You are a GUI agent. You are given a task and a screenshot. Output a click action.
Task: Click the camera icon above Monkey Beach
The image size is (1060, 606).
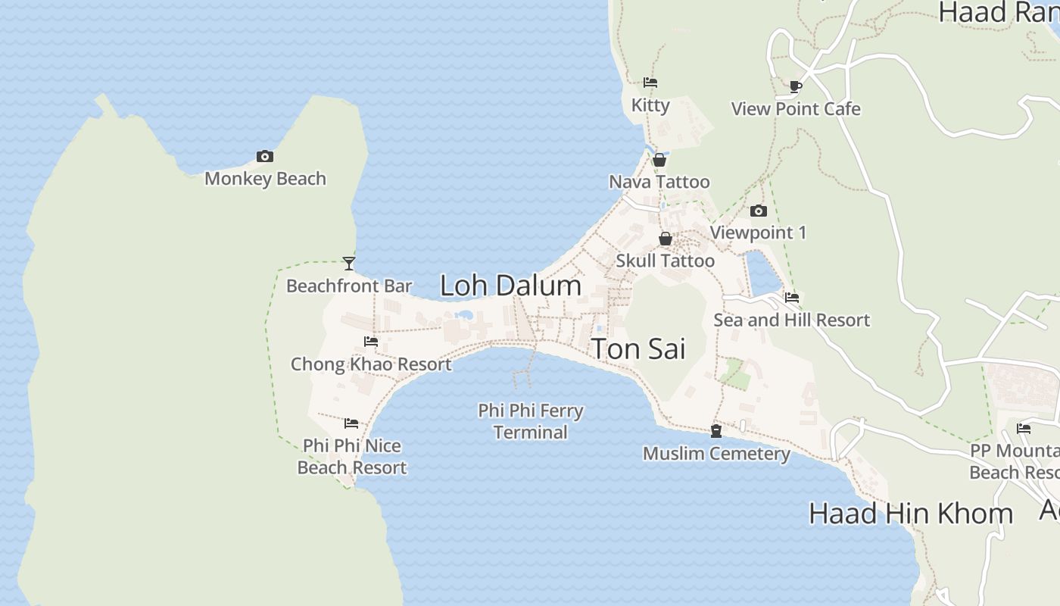pos(265,157)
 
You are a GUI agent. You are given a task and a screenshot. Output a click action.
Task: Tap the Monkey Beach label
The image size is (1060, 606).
pos(265,179)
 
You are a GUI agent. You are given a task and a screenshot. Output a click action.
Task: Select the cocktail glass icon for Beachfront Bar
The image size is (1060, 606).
pos(349,264)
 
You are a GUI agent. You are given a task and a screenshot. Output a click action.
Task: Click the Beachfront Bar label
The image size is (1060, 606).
pos(349,286)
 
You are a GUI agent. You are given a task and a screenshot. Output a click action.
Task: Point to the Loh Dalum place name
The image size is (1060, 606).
pos(510,286)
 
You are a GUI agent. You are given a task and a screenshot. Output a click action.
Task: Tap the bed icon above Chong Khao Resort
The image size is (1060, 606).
pos(371,342)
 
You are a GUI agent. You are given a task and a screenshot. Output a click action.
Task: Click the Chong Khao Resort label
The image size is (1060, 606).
pos(371,364)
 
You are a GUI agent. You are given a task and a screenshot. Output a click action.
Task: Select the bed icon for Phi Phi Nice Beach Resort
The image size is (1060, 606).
pos(351,423)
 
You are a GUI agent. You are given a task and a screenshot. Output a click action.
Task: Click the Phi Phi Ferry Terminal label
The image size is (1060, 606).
pos(530,422)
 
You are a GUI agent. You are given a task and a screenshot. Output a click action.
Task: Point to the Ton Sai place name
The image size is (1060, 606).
pos(638,349)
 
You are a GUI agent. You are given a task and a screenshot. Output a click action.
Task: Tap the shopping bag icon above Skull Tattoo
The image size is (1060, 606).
pos(666,239)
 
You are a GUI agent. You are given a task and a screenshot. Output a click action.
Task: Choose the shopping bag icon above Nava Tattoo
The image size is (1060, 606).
pos(659,160)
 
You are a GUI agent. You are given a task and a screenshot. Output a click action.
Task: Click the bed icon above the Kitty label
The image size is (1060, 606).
pos(650,83)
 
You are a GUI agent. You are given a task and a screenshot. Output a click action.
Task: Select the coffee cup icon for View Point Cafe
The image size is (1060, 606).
pos(796,87)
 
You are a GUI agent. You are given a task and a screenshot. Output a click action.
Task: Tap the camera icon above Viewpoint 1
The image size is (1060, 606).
pos(759,211)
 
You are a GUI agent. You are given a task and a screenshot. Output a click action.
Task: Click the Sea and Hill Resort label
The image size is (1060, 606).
pos(791,320)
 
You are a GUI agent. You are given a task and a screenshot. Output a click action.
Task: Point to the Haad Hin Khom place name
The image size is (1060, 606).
pos(910,514)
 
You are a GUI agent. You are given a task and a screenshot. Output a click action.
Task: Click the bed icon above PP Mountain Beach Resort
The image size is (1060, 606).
pos(1024,429)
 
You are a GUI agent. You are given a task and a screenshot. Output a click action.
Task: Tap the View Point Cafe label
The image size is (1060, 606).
pos(796,109)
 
